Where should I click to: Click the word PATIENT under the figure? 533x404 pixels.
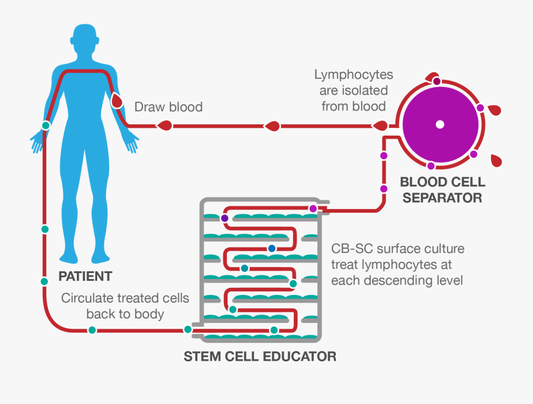(x=85, y=276)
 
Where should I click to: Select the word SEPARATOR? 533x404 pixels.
(x=441, y=198)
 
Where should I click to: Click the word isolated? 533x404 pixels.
(x=364, y=91)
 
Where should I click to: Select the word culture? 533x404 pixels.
(x=442, y=248)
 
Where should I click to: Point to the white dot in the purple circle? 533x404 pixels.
(x=439, y=124)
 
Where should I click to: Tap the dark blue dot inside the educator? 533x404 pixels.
(x=272, y=248)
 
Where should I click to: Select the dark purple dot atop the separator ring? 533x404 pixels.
(x=436, y=81)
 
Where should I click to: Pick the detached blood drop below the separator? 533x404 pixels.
(x=494, y=159)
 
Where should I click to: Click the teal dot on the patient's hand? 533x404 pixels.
(x=45, y=126)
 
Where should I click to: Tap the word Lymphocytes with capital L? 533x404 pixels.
(x=354, y=75)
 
